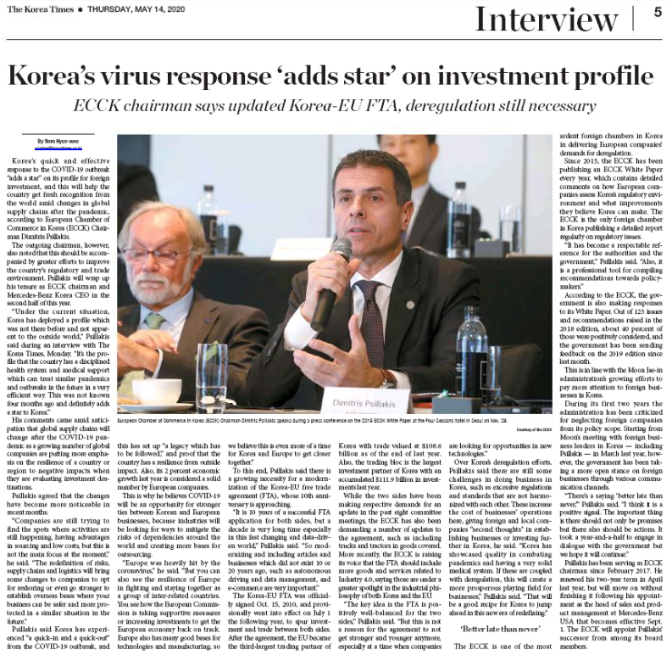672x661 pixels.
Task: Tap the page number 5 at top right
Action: point(658,13)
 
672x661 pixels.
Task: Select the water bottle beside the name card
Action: point(471,356)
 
